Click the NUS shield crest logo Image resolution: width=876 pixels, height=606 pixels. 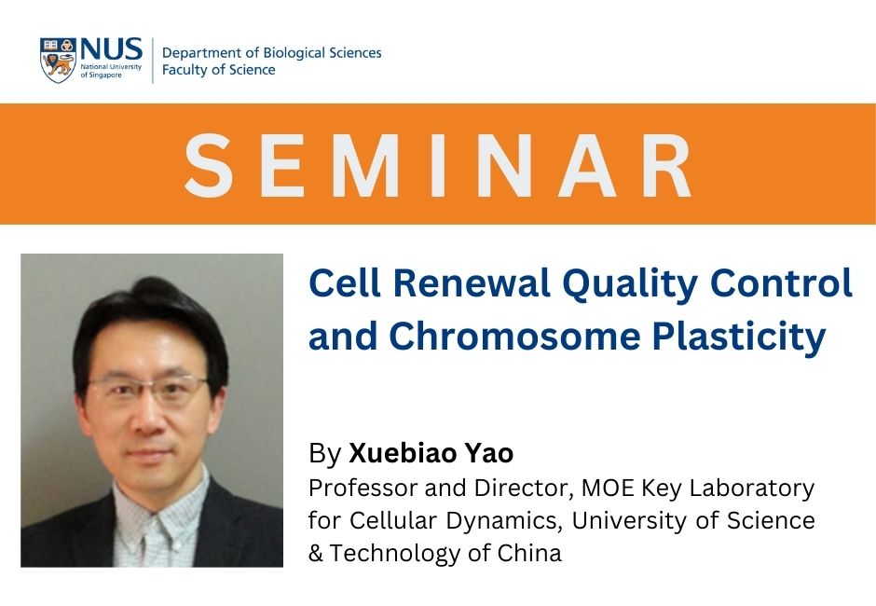pos(58,61)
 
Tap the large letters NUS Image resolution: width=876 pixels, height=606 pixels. pos(111,49)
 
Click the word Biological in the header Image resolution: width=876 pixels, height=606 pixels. pos(294,53)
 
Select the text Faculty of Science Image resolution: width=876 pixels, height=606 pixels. pos(218,70)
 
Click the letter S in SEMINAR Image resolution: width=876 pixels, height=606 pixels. pos(208,165)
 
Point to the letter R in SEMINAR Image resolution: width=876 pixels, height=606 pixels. pos(667,165)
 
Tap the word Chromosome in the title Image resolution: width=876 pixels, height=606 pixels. pos(514,336)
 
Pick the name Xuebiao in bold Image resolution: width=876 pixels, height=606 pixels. pos(401,453)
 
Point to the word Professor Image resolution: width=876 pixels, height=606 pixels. pos(363,488)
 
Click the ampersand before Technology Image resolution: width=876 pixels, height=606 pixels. pos(316,554)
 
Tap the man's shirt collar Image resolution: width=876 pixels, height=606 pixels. pos(162,503)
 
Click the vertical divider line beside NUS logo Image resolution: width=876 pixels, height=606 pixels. pos(153,61)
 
